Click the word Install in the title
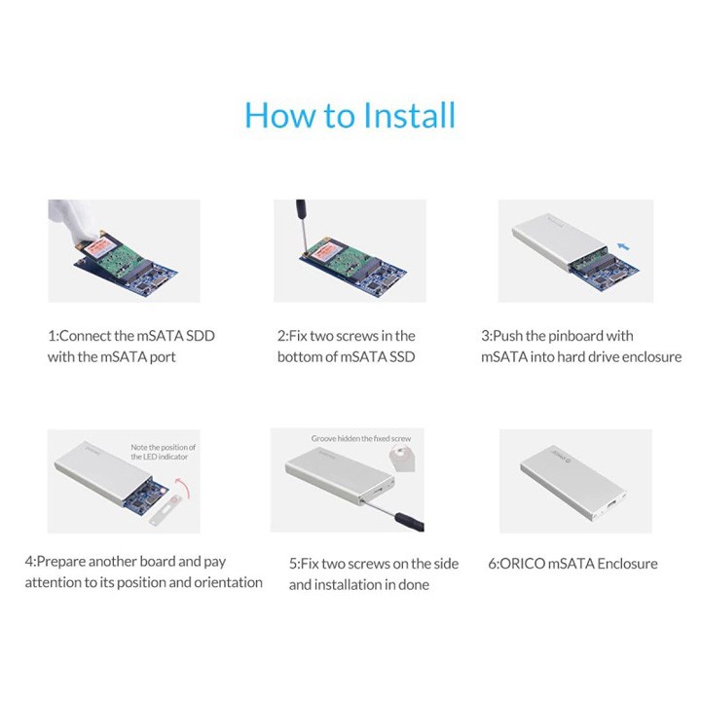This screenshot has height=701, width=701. coord(409,115)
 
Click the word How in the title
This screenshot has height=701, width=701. coord(279,115)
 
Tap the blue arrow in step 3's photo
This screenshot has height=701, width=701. coord(623,246)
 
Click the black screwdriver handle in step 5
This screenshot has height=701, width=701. coord(409,522)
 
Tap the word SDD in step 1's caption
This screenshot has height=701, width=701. coord(201,336)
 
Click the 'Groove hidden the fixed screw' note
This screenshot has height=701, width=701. coord(361,438)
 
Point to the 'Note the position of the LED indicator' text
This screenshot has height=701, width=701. coord(163,452)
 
